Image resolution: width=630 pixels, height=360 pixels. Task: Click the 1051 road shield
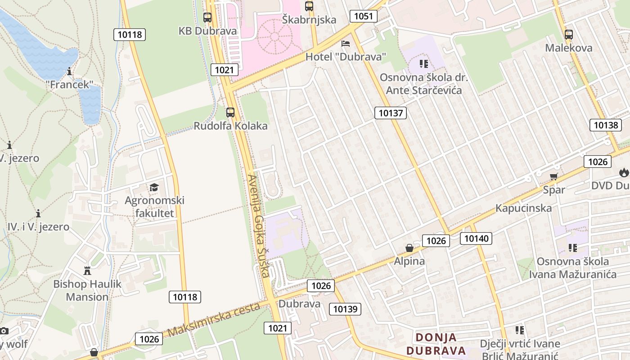[363, 17]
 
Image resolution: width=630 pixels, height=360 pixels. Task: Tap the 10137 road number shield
[391, 113]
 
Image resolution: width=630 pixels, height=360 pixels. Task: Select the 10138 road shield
[606, 125]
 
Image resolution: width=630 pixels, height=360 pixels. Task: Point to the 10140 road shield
[476, 238]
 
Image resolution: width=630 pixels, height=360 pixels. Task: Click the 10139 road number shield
[345, 309]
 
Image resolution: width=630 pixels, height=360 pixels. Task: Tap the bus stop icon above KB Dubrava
[207, 18]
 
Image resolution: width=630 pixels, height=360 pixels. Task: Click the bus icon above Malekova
[569, 34]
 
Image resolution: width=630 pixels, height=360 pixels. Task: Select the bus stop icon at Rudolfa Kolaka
[230, 112]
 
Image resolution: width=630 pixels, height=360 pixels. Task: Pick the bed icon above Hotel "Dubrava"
[346, 44]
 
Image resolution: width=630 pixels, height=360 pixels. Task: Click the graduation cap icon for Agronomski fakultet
[154, 187]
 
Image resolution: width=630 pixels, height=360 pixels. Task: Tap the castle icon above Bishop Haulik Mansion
[87, 271]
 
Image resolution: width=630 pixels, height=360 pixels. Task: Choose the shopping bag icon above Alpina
[409, 248]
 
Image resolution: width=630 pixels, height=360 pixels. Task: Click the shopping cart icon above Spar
[553, 176]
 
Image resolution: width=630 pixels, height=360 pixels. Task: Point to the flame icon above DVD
[624, 172]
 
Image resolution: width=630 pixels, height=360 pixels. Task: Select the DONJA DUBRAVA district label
[436, 344]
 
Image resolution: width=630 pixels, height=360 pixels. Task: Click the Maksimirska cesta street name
[214, 320]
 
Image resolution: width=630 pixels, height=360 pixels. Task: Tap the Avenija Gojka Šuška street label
[259, 225]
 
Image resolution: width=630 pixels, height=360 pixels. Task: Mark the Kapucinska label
[523, 208]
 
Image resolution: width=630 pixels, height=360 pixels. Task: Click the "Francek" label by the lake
[69, 84]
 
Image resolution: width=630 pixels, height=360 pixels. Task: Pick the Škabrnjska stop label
[309, 19]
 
